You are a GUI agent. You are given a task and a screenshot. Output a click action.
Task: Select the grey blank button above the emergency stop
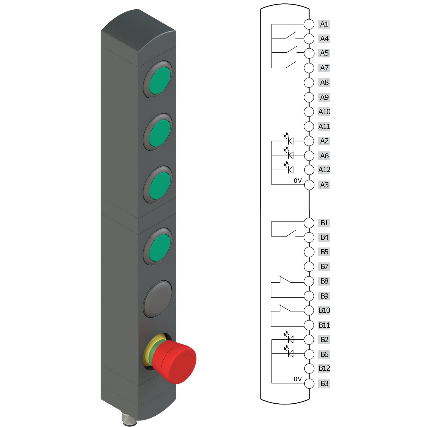(x=158, y=299)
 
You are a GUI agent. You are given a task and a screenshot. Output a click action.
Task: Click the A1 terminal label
(x=324, y=24)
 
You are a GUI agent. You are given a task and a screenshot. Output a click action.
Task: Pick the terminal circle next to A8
(x=309, y=83)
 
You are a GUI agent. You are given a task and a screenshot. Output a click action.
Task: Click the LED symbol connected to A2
(x=290, y=141)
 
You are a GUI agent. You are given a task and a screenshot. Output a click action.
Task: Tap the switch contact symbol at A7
(x=290, y=65)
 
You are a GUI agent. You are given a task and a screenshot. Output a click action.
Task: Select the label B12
(x=324, y=368)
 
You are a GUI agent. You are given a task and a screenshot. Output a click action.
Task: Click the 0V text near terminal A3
(x=297, y=180)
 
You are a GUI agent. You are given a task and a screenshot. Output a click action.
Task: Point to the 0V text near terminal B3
(x=297, y=379)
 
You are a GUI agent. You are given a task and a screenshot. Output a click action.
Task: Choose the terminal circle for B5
(x=309, y=252)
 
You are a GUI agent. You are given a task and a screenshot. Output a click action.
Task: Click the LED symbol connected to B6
(x=290, y=354)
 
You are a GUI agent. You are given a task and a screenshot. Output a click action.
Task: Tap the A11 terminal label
(x=324, y=126)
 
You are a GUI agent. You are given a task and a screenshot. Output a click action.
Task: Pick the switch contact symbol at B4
(x=290, y=234)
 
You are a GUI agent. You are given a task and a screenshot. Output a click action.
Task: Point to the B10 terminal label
(x=324, y=310)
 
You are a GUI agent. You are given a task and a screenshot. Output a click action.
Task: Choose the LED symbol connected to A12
(x=290, y=170)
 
